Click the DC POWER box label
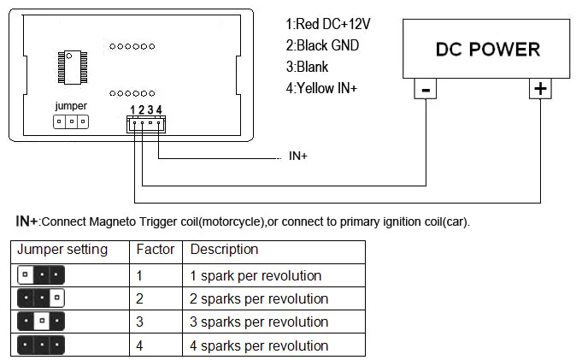[488, 50]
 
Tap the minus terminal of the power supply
[426, 89]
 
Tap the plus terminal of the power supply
[540, 89]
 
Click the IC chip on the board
[73, 68]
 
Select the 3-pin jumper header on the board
[71, 121]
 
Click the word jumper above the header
[71, 106]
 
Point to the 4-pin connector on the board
[146, 124]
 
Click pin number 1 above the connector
[132, 110]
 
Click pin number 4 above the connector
[159, 109]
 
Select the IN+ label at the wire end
[298, 156]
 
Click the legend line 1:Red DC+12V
[328, 24]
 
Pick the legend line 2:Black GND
[322, 45]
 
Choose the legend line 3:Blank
[307, 67]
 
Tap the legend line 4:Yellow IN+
[321, 88]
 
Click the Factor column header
[156, 250]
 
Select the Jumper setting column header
[62, 250]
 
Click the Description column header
[224, 250]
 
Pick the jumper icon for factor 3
[41, 321]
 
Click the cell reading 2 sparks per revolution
[259, 299]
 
